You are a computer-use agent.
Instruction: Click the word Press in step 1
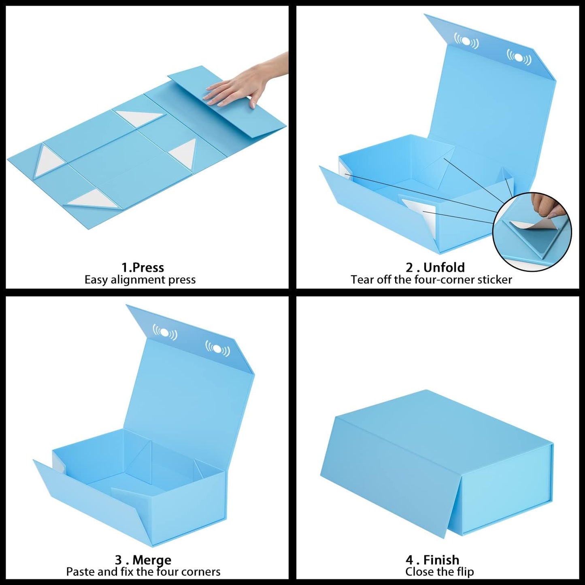[x=148, y=268]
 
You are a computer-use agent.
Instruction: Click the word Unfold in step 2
[x=444, y=268]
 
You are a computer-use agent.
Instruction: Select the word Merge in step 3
[x=152, y=560]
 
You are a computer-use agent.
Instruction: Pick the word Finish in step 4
[x=441, y=560]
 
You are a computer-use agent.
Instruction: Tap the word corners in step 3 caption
[x=201, y=572]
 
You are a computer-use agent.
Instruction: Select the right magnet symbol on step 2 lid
[x=519, y=57]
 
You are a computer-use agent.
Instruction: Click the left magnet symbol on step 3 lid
[x=165, y=332]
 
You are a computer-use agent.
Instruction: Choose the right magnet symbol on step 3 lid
[x=218, y=348]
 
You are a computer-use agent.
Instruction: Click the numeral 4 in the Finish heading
[x=409, y=560]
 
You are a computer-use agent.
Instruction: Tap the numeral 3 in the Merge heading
[x=119, y=560]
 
